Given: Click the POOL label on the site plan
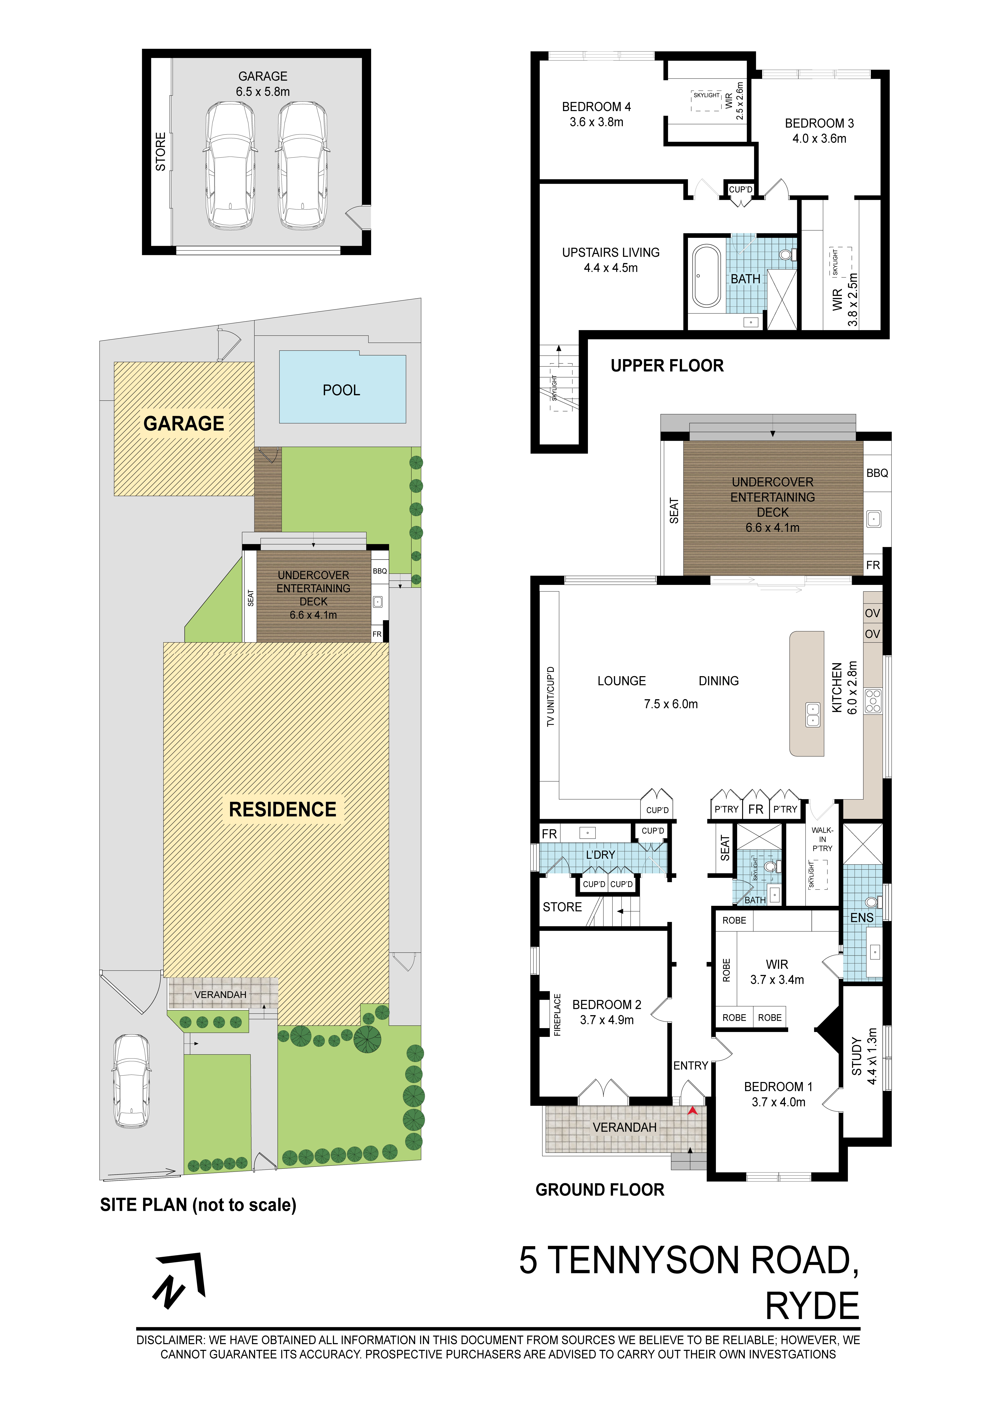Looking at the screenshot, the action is coord(341,390).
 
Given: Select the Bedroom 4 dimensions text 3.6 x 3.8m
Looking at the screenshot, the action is coord(596,122).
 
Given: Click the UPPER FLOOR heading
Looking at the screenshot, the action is coord(667,366).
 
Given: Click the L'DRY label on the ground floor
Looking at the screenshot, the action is coord(601,855).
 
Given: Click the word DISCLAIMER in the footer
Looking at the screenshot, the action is coord(170,1340).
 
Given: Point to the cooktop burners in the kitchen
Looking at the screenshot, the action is coord(873,701).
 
